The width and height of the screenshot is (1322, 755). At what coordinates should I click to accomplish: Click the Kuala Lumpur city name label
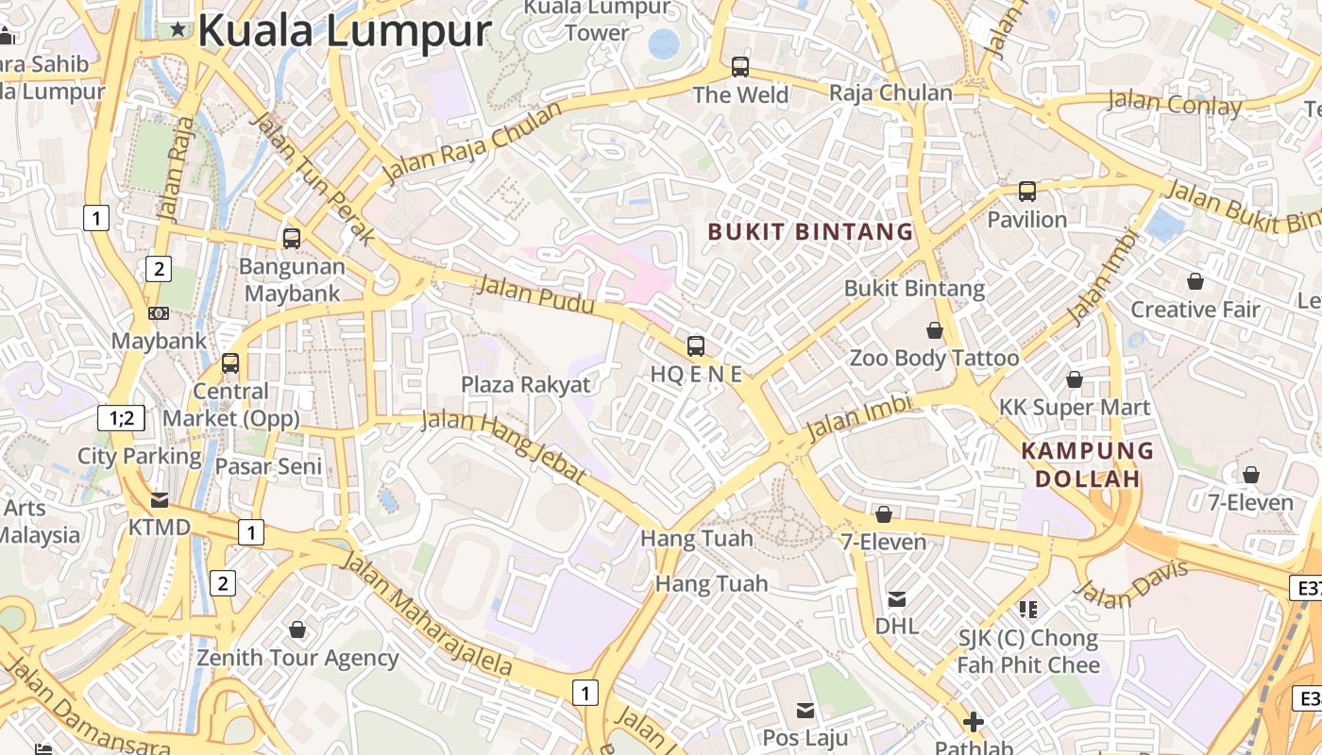pos(344,30)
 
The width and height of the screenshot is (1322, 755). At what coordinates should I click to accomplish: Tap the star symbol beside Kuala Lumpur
pos(178,29)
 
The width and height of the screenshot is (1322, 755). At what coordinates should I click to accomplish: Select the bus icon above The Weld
pos(740,67)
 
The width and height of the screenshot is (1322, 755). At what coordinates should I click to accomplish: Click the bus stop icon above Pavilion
pos(1027,192)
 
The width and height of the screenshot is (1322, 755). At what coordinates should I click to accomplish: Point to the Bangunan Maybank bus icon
pos(292,239)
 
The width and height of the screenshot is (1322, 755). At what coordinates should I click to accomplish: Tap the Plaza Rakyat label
pos(525,384)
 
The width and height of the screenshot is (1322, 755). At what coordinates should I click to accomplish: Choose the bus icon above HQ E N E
pos(696,345)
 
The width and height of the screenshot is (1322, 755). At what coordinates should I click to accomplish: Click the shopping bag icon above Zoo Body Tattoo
pos(935,330)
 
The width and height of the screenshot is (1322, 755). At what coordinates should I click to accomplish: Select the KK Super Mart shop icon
pos(1075,379)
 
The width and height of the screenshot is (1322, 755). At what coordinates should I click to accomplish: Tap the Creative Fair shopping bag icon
pos(1195,281)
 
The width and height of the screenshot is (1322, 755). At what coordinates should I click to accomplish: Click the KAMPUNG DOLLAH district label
pos(1088,464)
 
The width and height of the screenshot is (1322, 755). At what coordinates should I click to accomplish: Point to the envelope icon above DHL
pos(897,598)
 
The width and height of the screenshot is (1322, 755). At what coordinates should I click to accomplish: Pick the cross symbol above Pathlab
pos(974,723)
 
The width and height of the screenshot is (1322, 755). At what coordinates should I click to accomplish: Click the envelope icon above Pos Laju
pos(805,710)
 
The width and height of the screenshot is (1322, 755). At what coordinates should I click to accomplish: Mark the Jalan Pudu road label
pos(535,294)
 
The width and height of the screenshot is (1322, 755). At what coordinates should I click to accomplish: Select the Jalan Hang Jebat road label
pos(502,445)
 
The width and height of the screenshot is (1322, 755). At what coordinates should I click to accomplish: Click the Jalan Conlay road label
pos(1175,103)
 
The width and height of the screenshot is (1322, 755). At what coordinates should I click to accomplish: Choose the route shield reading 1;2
pos(122,417)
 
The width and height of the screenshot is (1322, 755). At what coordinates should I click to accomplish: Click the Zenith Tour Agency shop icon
pos(297,629)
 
